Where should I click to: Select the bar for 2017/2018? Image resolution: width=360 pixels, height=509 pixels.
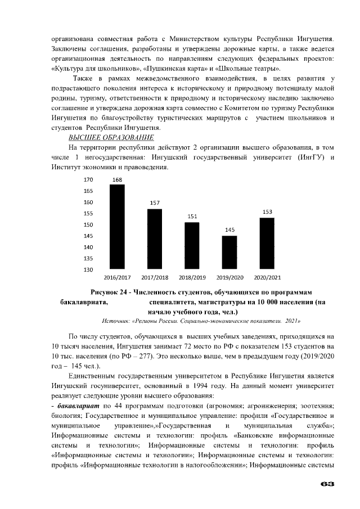click(155, 239)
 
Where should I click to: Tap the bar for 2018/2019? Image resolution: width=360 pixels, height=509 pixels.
click(192, 246)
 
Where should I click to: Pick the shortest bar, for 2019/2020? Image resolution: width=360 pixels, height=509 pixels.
click(229, 253)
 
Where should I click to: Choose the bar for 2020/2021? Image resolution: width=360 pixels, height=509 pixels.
click(267, 244)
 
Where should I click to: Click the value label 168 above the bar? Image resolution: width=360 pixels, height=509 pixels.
click(117, 180)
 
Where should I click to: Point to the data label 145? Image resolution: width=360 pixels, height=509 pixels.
click(229, 230)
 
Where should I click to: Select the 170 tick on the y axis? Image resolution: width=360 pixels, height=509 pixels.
click(88, 181)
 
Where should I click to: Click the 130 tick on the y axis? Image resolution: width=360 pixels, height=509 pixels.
click(88, 270)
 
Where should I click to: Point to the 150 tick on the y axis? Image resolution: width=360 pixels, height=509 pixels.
click(88, 225)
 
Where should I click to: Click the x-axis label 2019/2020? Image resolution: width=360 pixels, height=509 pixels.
click(229, 278)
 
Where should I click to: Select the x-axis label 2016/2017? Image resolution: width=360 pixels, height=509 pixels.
click(117, 278)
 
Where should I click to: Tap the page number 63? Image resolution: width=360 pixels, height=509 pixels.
click(328, 484)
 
